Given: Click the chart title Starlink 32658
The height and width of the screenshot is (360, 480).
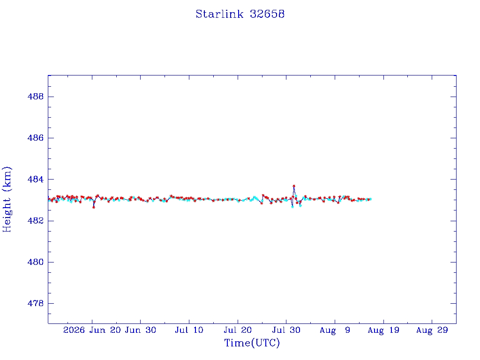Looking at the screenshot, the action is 240,14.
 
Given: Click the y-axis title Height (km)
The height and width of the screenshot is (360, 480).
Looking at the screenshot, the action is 7,199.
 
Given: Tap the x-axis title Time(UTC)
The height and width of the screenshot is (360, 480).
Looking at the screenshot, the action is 252,343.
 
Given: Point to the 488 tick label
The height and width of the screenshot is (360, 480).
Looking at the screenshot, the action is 36,97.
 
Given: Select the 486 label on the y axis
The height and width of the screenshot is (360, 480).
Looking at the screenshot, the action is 36,138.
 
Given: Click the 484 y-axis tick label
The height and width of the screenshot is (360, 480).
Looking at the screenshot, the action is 36,179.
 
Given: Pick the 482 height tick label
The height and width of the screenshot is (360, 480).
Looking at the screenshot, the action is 36,221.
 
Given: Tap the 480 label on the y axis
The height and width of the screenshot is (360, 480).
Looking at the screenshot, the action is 36,262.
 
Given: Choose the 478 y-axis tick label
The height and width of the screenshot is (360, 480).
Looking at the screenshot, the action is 36,303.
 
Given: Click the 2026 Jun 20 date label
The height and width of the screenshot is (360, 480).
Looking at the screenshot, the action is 92,330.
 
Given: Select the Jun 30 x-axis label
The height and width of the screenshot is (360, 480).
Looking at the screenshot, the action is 141,330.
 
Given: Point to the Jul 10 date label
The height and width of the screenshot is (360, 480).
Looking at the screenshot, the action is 189,330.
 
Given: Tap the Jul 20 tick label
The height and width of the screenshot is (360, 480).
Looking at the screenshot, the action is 238,330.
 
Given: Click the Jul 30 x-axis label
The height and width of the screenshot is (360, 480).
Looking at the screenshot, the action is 286,330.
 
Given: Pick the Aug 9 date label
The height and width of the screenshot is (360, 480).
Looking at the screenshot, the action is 335,330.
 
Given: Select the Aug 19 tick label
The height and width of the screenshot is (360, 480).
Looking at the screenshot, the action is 383,330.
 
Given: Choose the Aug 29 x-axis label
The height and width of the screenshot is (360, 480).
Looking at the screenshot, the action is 432,330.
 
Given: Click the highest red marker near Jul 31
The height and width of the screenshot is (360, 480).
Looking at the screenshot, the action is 294,186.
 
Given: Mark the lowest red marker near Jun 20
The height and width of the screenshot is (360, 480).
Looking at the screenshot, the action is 94,207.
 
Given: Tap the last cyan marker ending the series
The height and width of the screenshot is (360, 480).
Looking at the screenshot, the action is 370,199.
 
